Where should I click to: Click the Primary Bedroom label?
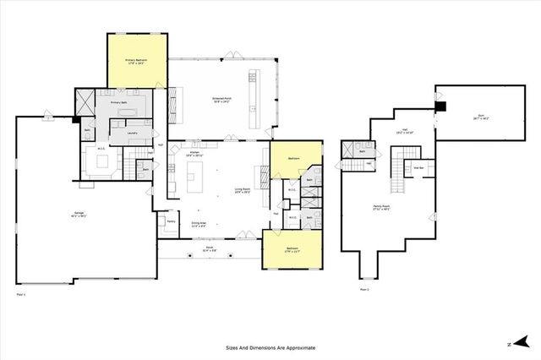pyautogui.click(x=137, y=61)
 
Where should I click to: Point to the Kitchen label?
pyautogui.click(x=194, y=153)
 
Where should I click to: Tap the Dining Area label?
pyautogui.click(x=199, y=224)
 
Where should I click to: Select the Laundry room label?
pyautogui.click(x=133, y=133)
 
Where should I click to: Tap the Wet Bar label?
pyautogui.click(x=417, y=167)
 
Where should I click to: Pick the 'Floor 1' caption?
pyautogui.click(x=22, y=295)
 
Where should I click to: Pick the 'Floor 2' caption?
pyautogui.click(x=365, y=289)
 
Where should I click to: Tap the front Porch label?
pyautogui.click(x=209, y=249)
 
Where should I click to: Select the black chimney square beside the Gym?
pyautogui.click(x=440, y=106)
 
